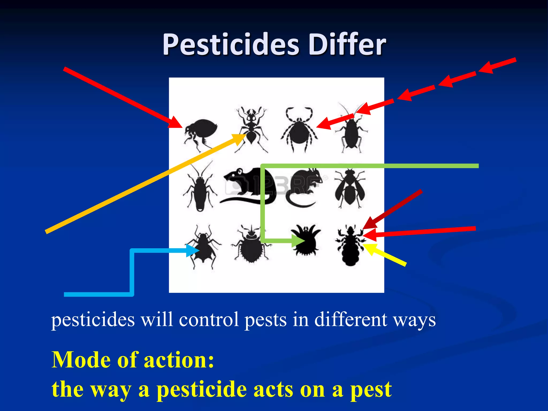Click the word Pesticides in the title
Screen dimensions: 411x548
coord(231,45)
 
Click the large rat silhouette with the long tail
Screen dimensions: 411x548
coord(248,186)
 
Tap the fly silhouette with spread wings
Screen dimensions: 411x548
coord(349,187)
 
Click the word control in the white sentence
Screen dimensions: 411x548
coord(209,320)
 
